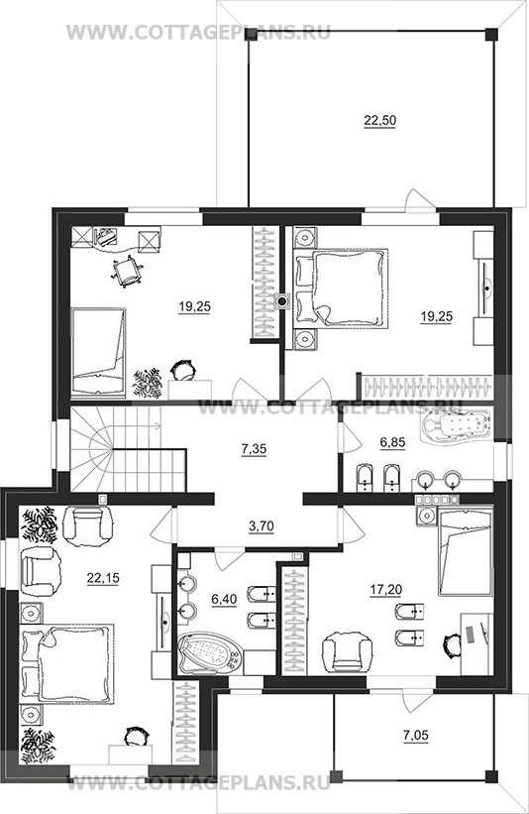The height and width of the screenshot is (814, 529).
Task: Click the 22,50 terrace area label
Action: click(379, 120)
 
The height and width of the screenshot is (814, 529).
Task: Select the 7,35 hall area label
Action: click(254, 448)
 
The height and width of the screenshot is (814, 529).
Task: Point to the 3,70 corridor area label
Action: click(261, 526)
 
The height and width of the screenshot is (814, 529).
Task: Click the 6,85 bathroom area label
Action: click(392, 442)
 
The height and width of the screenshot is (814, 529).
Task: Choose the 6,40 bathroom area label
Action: click(224, 599)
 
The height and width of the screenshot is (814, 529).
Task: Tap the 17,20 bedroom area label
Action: click(386, 589)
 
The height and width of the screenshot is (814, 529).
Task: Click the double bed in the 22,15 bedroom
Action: click(67, 664)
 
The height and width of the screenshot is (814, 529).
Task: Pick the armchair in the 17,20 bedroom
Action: click(348, 651)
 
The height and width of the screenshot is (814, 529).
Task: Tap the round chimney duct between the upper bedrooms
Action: click(282, 300)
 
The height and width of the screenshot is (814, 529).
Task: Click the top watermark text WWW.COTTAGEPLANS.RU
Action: click(199, 33)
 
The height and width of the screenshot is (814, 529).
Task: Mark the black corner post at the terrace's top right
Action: click(491, 34)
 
